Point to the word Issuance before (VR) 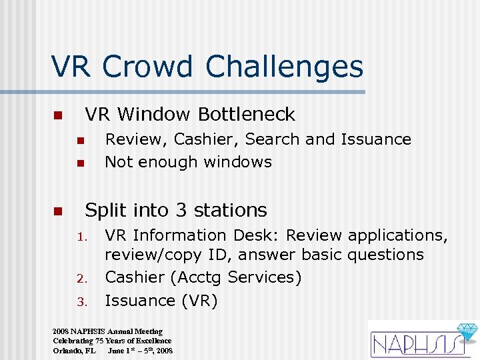tap(140, 301)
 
